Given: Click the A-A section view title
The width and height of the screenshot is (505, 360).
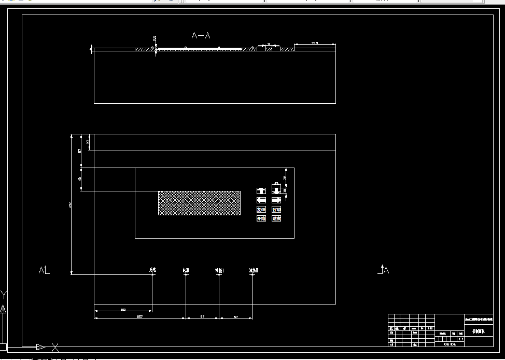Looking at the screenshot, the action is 201,36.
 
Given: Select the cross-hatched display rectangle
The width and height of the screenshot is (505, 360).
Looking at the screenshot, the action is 199,203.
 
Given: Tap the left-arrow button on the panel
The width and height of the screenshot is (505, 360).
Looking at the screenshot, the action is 261,200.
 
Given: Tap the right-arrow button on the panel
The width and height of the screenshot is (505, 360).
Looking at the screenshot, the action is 276,200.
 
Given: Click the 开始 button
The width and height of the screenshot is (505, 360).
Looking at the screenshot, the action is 261,219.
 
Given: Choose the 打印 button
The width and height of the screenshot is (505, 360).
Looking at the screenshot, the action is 276,210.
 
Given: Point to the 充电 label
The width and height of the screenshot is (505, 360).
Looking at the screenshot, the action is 153,270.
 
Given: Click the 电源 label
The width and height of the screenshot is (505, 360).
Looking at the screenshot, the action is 186,270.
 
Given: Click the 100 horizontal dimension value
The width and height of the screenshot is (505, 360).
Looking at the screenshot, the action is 123,310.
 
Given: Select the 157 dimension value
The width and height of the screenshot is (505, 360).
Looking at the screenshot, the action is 139,316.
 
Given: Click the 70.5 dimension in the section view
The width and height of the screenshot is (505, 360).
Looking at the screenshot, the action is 315,43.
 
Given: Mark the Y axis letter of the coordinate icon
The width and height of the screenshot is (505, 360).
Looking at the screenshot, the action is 4,296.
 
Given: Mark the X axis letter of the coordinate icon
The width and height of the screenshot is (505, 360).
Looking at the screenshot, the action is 55,348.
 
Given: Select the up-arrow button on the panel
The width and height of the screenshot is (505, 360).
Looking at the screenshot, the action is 261,191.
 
